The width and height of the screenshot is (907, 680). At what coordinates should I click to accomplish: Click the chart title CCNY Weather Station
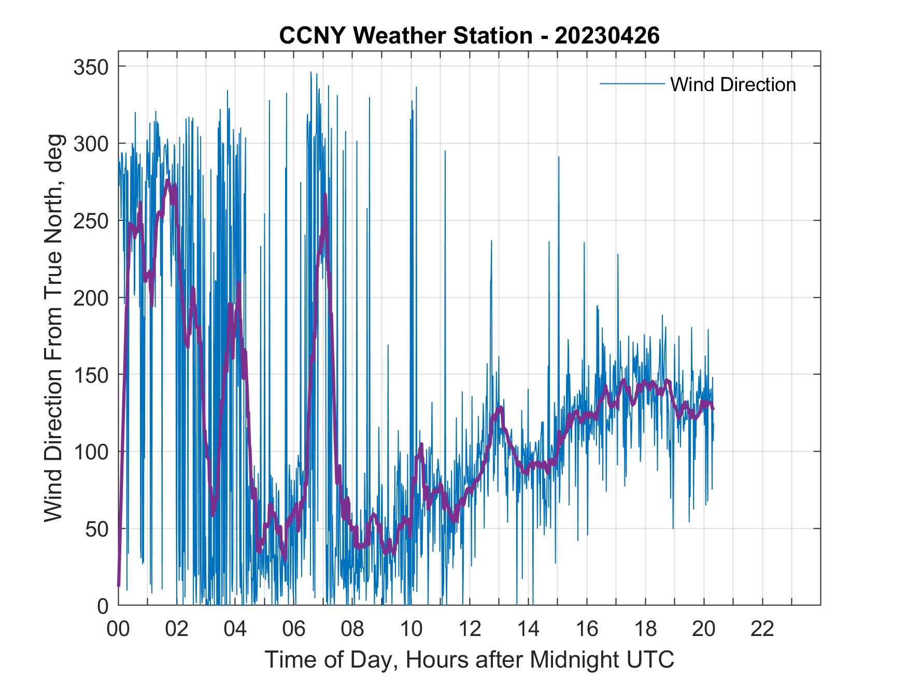[x=469, y=36]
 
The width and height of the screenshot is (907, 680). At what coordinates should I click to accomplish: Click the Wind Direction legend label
[x=733, y=84]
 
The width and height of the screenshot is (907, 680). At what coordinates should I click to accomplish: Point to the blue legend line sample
[x=632, y=84]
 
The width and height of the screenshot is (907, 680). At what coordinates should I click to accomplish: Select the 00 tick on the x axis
[x=118, y=629]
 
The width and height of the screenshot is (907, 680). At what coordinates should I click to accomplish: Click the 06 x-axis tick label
[x=294, y=629]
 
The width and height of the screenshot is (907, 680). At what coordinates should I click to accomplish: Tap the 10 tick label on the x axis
[x=411, y=629]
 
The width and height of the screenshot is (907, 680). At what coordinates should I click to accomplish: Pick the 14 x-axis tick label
[x=528, y=629]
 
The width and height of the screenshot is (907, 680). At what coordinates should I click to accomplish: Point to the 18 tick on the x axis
[x=645, y=629]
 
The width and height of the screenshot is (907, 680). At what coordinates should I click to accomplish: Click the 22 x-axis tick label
[x=762, y=629]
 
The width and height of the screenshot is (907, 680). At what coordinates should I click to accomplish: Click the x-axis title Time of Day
[x=469, y=659]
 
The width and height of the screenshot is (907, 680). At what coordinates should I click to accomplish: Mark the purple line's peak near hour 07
[x=325, y=195]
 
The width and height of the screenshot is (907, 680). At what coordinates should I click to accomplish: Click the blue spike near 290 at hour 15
[x=558, y=156]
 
